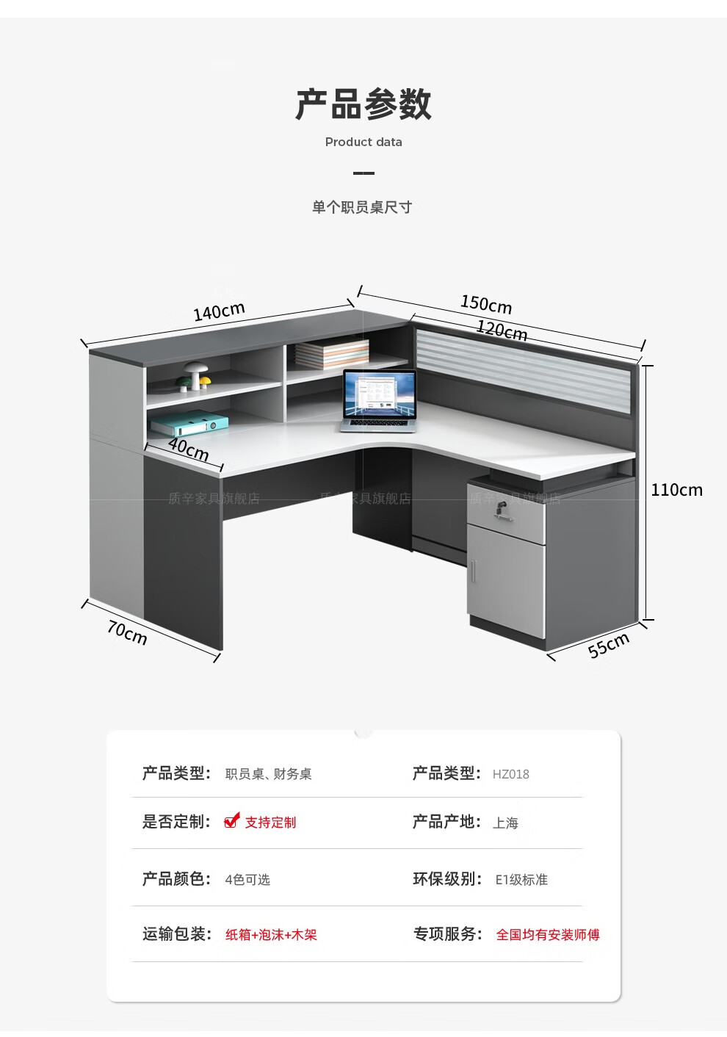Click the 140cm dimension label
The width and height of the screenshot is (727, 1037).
pyautogui.click(x=219, y=311)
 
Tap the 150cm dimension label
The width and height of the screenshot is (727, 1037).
pyautogui.click(x=486, y=303)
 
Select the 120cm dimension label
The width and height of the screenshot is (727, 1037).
pyautogui.click(x=502, y=330)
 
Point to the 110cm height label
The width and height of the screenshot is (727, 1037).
pyautogui.click(x=676, y=490)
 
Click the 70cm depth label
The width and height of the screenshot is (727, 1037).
pyautogui.click(x=127, y=632)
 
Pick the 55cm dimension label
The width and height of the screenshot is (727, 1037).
pyautogui.click(x=609, y=644)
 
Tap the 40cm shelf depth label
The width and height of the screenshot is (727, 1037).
pyautogui.click(x=189, y=448)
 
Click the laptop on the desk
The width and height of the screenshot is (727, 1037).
pyautogui.click(x=379, y=401)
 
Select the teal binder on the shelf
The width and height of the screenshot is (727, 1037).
pyautogui.click(x=189, y=423)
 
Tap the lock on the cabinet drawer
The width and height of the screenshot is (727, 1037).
pyautogui.click(x=502, y=509)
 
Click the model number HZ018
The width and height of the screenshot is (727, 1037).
pyautogui.click(x=510, y=774)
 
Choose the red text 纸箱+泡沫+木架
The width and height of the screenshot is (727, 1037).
pyautogui.click(x=271, y=935)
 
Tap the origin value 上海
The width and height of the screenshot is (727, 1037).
pyautogui.click(x=505, y=823)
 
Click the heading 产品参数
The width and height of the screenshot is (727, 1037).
pyautogui.click(x=363, y=104)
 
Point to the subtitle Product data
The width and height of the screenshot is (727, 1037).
pyautogui.click(x=363, y=142)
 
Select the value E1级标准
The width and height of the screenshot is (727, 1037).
pyautogui.click(x=521, y=879)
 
